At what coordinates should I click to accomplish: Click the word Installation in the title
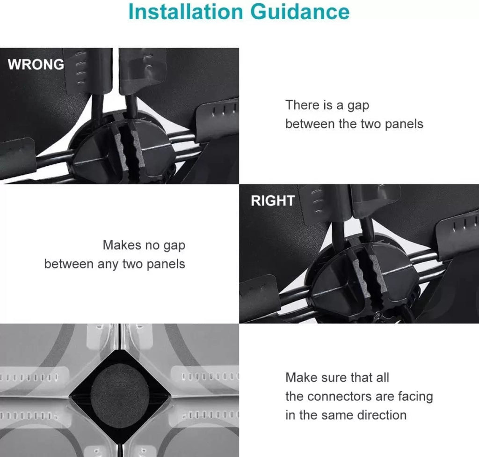[x=186, y=12]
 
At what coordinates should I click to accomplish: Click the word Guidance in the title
[x=300, y=12]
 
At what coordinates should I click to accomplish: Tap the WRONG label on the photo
[x=36, y=64]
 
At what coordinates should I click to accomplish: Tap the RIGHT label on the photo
[x=273, y=201]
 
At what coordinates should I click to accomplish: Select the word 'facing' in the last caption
[x=415, y=397]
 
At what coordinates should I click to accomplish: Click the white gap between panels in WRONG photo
[x=115, y=70]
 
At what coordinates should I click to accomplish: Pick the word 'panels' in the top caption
[x=404, y=124]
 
